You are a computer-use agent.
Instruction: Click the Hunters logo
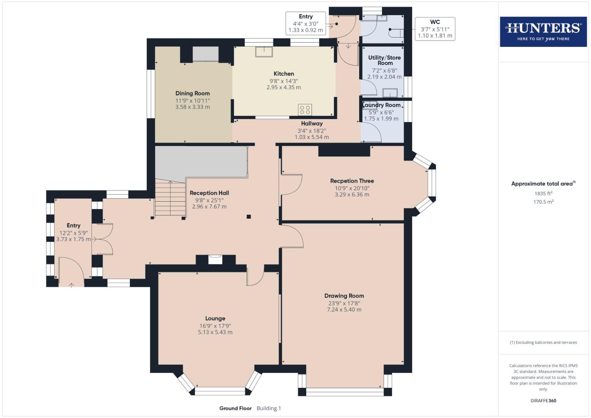click(x=543, y=31)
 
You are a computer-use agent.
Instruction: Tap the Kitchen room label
click(x=284, y=74)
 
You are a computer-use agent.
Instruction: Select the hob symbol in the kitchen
click(x=305, y=110)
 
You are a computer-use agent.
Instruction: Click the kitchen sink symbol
click(x=264, y=51)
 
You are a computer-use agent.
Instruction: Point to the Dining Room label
click(x=192, y=93)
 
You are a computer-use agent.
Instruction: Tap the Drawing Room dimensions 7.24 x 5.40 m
click(x=344, y=310)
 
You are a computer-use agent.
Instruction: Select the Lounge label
click(x=215, y=319)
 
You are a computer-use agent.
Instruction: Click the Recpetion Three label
click(x=352, y=181)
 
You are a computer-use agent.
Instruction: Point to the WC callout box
click(x=435, y=29)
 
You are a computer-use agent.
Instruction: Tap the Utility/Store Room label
click(x=384, y=60)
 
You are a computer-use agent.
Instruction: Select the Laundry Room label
click(x=382, y=105)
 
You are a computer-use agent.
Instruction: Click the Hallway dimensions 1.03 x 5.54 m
click(x=312, y=137)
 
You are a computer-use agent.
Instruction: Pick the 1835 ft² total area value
click(x=543, y=194)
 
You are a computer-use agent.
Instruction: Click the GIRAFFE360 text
click(x=543, y=401)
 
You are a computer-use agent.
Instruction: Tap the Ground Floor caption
click(x=235, y=408)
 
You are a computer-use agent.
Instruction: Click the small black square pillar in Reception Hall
click(x=249, y=217)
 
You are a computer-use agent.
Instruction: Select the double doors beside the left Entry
click(x=103, y=239)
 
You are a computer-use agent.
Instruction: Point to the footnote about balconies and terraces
click(x=543, y=343)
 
